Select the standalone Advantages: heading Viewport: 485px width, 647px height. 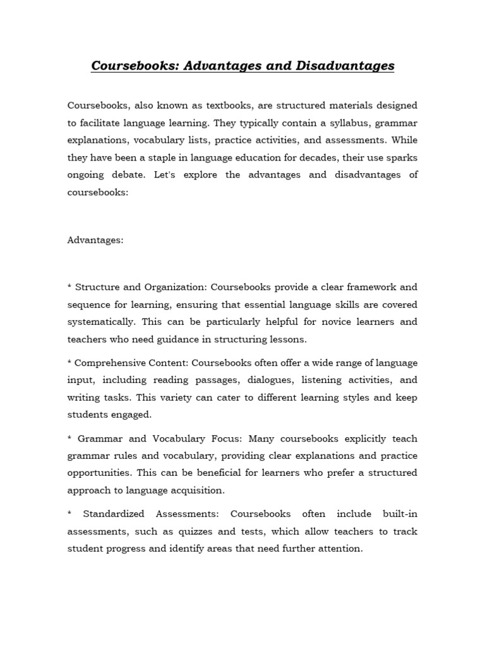pos(96,240)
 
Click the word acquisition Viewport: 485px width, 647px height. pos(198,490)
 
